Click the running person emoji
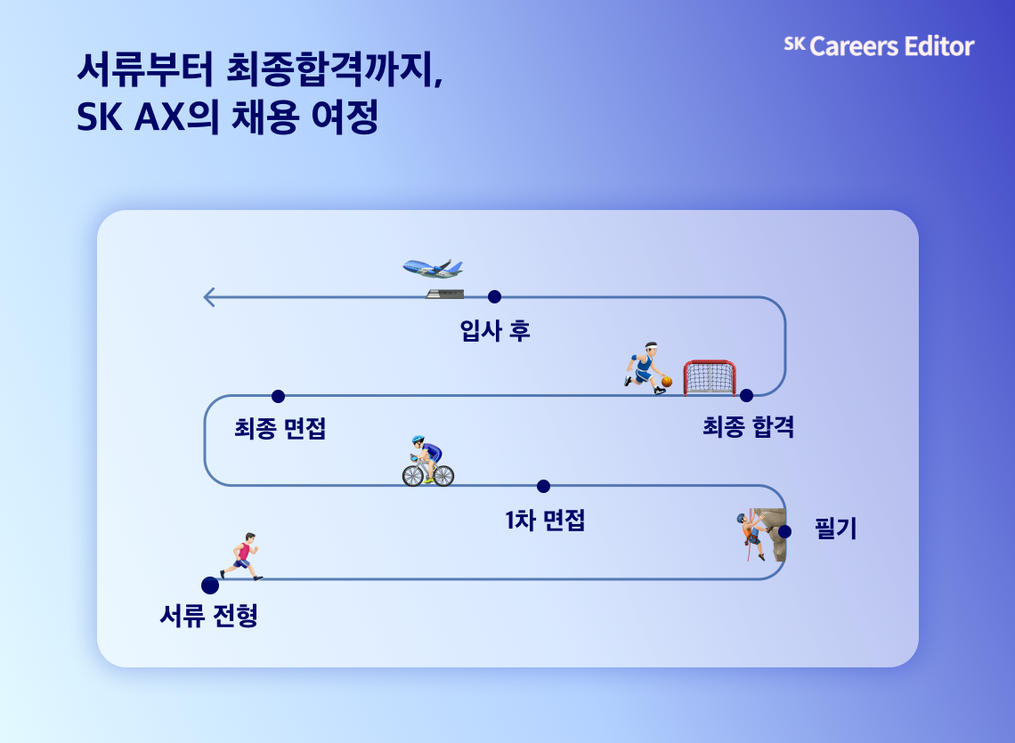242,557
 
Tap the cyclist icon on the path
428,462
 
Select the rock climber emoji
752,535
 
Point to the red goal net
710,378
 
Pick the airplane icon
434,268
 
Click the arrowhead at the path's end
209,297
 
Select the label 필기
835,529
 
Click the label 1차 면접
544,521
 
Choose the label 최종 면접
280,429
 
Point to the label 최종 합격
748,428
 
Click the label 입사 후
495,332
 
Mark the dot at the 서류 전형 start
210,586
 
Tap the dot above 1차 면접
544,486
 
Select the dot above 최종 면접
278,396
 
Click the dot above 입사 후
495,296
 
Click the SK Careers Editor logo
879,46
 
